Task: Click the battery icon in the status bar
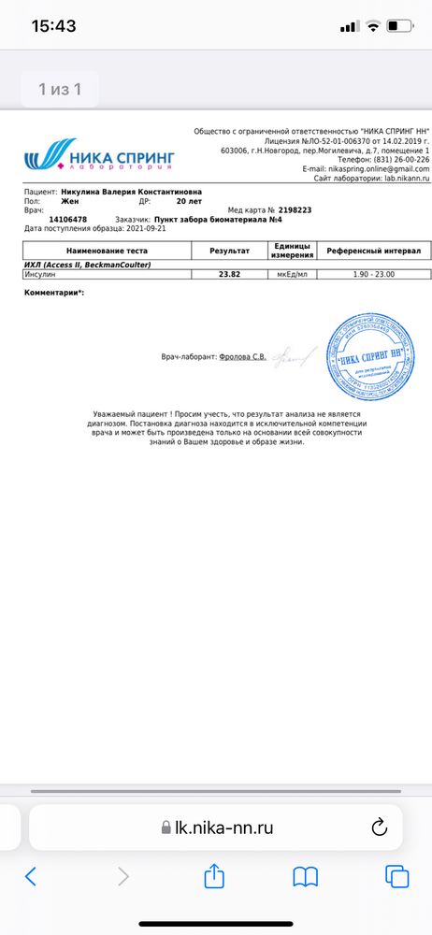coord(398,25)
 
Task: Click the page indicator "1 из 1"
coord(60,90)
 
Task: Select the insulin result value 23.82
coord(228,248)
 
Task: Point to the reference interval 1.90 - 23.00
coord(374,248)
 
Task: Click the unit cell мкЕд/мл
coord(293,248)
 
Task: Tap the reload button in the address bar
coord(380,826)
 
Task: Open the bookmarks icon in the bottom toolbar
coord(305,875)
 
